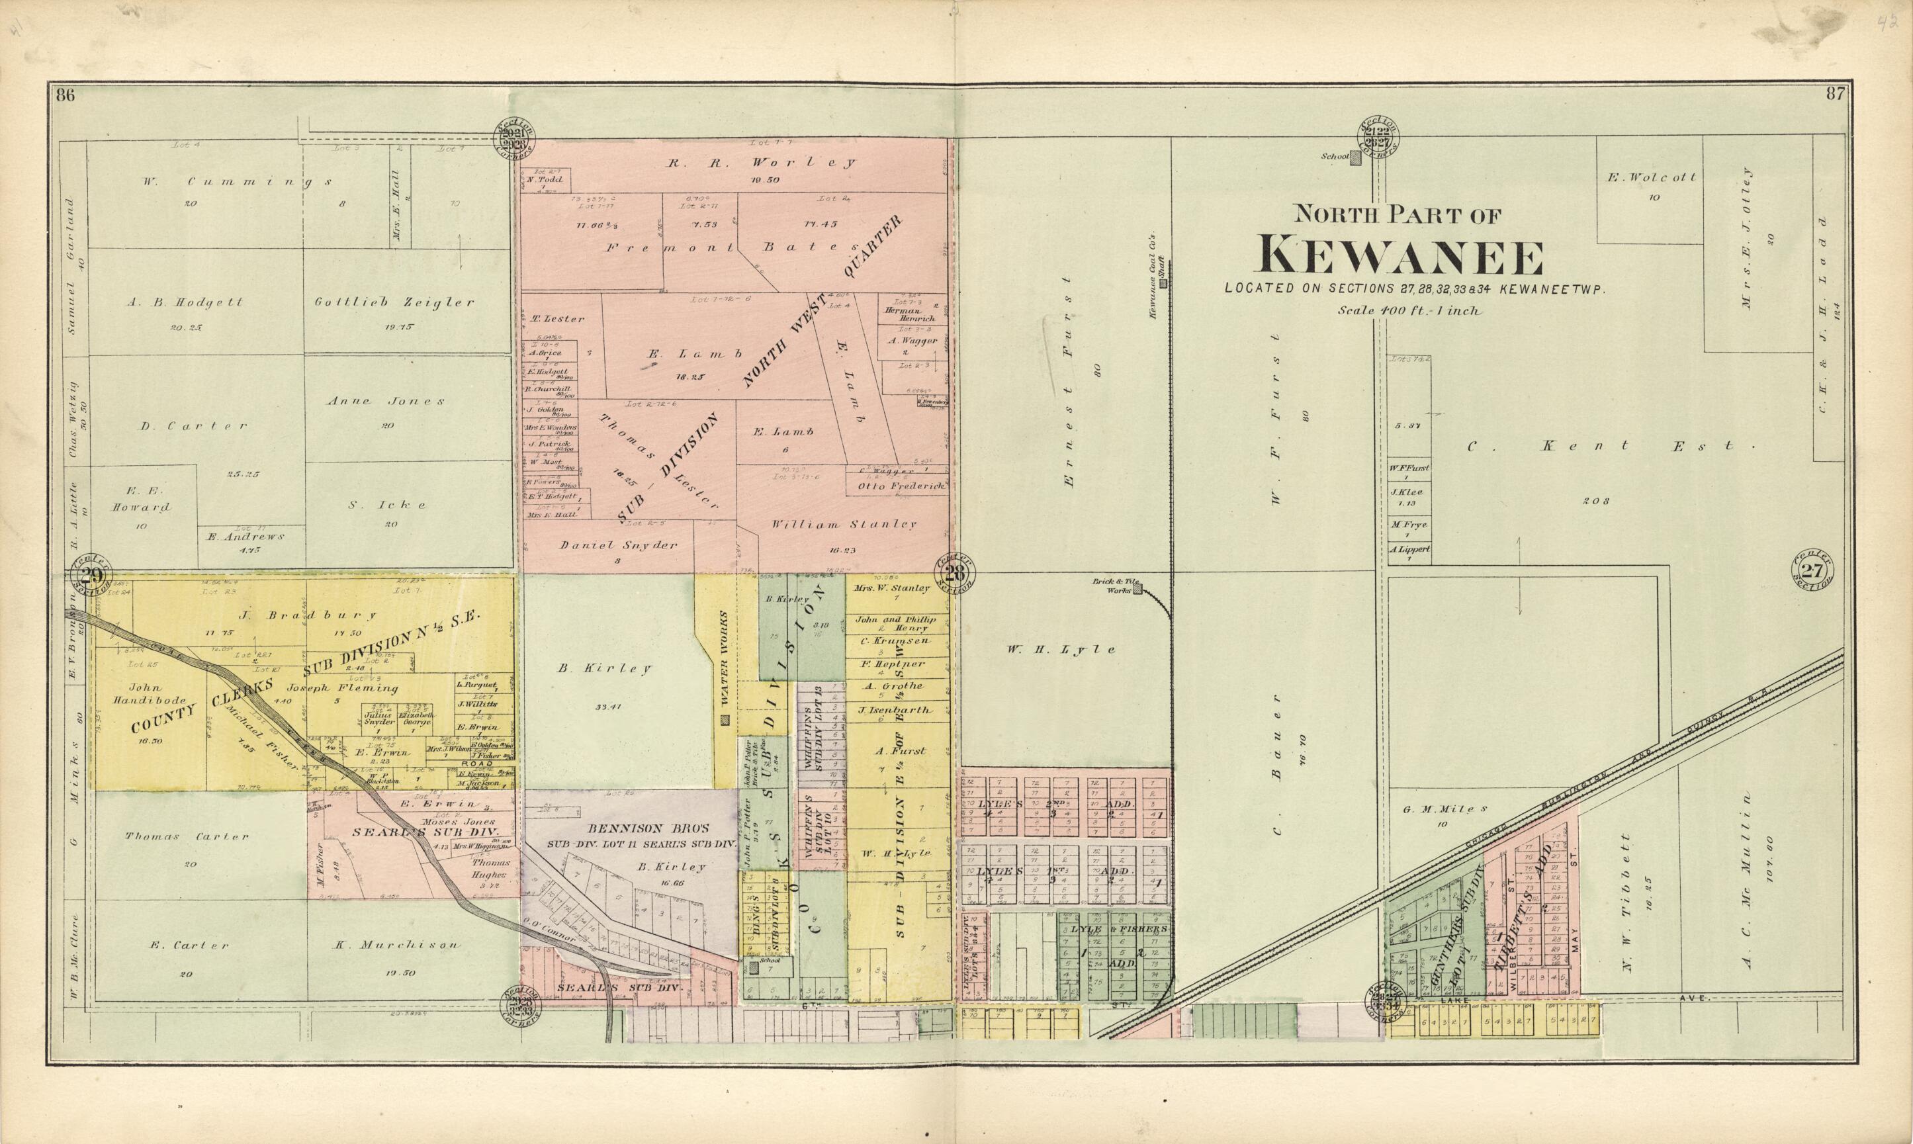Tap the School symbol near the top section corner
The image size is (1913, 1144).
point(1355,157)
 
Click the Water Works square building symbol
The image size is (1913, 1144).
point(724,720)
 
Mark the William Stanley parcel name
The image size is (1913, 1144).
point(844,524)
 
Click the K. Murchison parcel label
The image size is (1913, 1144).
point(397,944)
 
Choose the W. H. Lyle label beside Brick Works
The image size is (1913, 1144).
point(1060,649)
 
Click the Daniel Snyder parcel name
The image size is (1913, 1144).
point(618,545)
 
